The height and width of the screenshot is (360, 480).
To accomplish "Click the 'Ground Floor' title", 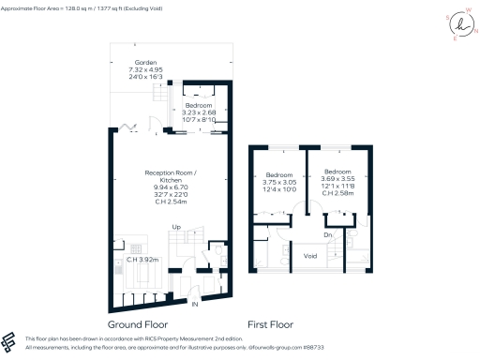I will tap(151, 325).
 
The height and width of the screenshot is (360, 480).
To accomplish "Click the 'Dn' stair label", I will tap(328, 234).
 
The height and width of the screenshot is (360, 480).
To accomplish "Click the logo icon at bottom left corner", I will tap(11, 342).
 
